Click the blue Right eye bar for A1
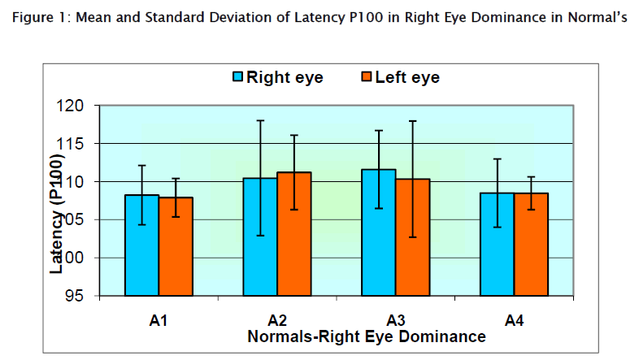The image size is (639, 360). [x=141, y=245]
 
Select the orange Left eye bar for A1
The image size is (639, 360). [x=176, y=246]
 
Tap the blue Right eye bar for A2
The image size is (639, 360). [x=260, y=236]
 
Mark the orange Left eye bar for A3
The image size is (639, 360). [x=413, y=236]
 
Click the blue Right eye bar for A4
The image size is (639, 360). [x=497, y=244]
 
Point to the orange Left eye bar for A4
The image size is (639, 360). [x=531, y=244]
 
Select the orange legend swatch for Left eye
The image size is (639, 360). [x=367, y=77]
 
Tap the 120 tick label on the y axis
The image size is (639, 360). [x=73, y=106]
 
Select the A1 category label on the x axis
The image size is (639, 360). [x=159, y=321]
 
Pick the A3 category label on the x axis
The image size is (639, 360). [x=396, y=321]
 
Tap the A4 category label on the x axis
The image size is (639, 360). [x=514, y=321]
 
